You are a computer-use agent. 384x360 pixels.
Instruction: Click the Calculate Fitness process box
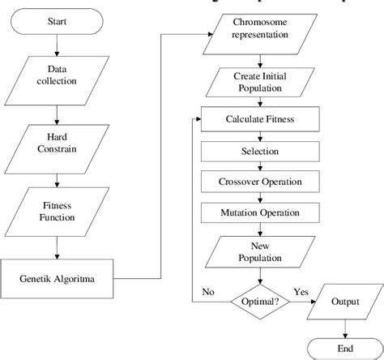pos(258,120)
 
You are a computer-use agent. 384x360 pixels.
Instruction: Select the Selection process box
pos(258,151)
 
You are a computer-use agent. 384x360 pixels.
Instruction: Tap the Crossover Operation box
pos(258,181)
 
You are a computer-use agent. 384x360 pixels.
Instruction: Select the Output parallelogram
pos(345,301)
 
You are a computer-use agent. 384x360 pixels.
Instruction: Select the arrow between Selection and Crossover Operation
pos(258,165)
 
